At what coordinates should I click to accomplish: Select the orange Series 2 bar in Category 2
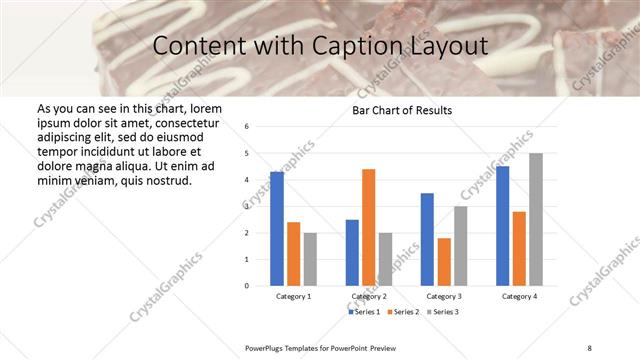coord(368,227)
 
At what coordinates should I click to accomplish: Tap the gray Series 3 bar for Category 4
coord(536,219)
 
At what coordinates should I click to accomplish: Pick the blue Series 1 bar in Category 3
coord(427,239)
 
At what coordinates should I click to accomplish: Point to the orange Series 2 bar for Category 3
coord(444,261)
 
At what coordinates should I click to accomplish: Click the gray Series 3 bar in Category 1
coord(310,259)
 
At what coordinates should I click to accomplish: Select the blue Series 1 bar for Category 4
coord(503,225)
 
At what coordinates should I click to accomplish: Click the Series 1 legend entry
coord(364,312)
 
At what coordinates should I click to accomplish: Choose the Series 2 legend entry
coord(403,312)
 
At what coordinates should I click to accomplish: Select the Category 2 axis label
coord(369,297)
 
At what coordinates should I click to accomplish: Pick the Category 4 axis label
coord(519,297)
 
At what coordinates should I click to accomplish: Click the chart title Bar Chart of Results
coord(402,110)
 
